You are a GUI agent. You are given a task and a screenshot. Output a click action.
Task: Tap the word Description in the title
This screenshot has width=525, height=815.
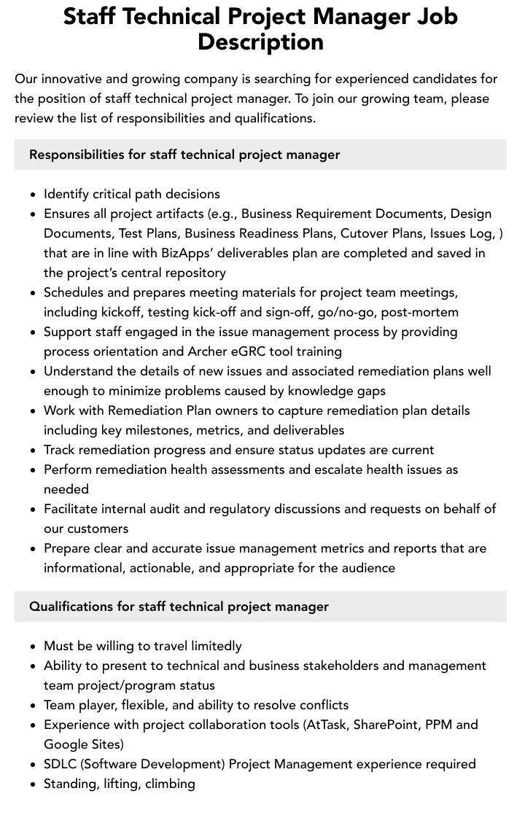[261, 42]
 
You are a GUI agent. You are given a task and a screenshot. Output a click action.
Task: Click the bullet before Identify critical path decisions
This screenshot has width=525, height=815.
[33, 195]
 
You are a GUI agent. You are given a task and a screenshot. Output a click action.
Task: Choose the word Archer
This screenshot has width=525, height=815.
[209, 351]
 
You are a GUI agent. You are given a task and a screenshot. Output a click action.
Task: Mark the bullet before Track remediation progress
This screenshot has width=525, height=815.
[33, 451]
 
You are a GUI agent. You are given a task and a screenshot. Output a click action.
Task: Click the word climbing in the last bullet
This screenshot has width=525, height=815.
[170, 784]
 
